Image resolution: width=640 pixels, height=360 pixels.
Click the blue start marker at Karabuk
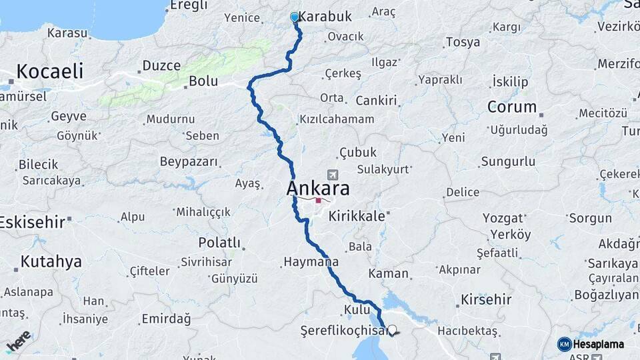(x=295, y=17)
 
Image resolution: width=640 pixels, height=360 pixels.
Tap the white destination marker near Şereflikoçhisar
(x=392, y=330)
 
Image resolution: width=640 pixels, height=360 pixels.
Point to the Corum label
(x=512, y=107)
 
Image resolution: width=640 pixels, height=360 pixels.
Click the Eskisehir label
(x=32, y=222)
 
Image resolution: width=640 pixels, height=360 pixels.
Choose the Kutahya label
(x=51, y=261)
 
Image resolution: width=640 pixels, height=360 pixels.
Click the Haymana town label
(x=311, y=262)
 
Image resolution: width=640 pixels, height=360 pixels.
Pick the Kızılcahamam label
(x=337, y=119)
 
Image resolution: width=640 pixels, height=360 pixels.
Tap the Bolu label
(x=203, y=81)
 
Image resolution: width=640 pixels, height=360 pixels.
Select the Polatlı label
(x=219, y=242)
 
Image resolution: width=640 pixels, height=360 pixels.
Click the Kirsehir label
(x=486, y=299)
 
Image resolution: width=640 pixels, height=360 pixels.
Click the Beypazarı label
(x=189, y=161)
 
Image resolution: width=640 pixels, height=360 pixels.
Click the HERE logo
(x=18, y=341)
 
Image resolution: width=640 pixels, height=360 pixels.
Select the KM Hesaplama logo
(x=591, y=345)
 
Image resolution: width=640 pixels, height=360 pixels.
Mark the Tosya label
(x=463, y=43)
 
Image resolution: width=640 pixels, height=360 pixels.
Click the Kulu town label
(x=352, y=309)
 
